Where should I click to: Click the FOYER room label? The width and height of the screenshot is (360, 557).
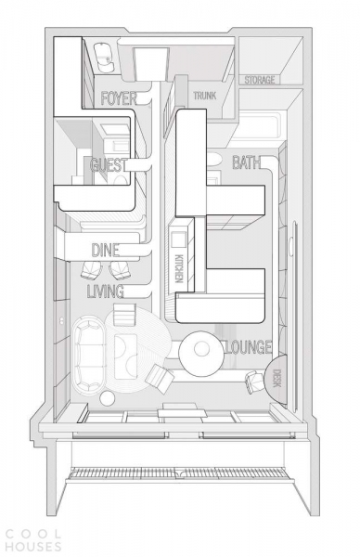(119, 98)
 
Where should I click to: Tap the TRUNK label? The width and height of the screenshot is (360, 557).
(205, 96)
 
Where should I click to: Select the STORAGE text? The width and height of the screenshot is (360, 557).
(260, 80)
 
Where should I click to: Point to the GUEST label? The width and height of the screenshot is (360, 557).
(108, 165)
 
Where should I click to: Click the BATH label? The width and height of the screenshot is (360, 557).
(246, 162)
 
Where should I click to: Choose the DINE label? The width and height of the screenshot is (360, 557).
(106, 251)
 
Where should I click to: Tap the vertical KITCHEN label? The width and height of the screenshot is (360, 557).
(180, 268)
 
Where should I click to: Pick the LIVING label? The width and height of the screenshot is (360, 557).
(106, 291)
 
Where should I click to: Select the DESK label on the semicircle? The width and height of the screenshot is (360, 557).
(277, 379)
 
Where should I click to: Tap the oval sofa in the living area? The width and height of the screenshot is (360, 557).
(89, 356)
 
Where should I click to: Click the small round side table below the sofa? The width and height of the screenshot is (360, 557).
(108, 398)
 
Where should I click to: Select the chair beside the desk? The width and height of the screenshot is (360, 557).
(255, 382)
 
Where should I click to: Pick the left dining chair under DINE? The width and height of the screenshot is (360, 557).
(91, 271)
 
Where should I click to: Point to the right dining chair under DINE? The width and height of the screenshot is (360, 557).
(120, 271)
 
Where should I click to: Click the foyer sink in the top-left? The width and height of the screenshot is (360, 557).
(103, 58)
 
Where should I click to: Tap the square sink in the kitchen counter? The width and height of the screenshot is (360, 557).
(179, 239)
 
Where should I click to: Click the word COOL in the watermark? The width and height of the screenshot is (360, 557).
(33, 533)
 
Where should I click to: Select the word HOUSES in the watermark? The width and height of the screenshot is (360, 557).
(33, 547)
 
